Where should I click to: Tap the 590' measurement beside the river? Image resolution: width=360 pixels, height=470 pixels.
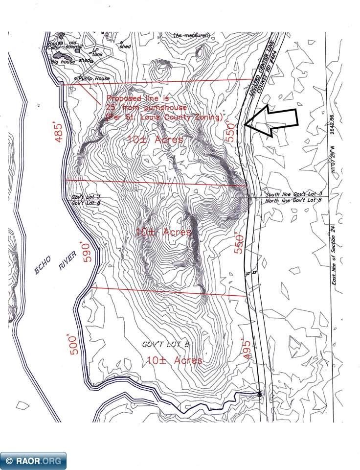tap(87, 252)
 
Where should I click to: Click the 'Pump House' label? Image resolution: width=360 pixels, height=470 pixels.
tap(93, 78)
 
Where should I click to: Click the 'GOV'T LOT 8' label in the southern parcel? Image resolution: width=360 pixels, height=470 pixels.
tap(165, 345)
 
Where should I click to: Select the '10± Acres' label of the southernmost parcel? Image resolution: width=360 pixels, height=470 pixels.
tap(175, 361)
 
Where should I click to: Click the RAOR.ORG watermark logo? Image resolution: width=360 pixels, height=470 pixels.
tap(33, 460)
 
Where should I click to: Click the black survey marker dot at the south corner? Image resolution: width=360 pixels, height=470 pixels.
tap(259, 394)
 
